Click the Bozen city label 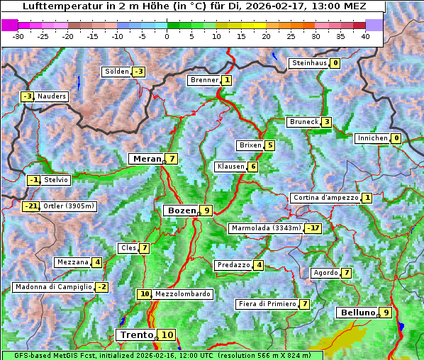[180, 210]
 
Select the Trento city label [137, 334]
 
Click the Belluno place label [357, 313]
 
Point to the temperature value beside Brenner [226, 80]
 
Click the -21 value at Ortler [30, 206]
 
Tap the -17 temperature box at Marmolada [313, 228]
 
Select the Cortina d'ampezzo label [325, 198]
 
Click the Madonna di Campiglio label [53, 287]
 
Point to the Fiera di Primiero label [266, 304]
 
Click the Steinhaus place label [308, 63]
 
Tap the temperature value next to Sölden [138, 72]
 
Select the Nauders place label [52, 96]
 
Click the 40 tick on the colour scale [365, 36]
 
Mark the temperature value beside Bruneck [326, 122]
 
